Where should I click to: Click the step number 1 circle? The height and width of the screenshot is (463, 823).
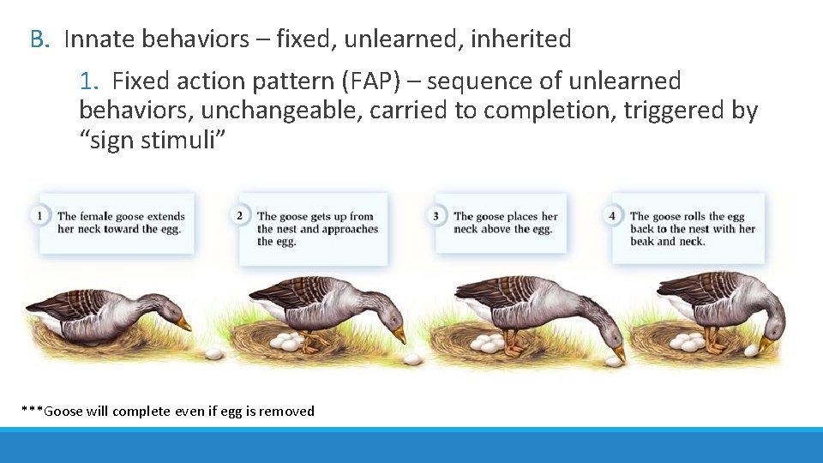pyautogui.click(x=39, y=215)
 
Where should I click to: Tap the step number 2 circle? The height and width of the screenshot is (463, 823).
pyautogui.click(x=239, y=215)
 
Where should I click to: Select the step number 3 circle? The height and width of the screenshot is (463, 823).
pyautogui.click(x=436, y=215)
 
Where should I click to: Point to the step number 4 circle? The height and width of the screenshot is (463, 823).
pyautogui.click(x=612, y=215)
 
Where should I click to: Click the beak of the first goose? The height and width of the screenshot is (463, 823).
pyautogui.click(x=183, y=323)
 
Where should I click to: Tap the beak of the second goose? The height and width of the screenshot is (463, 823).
pyautogui.click(x=399, y=332)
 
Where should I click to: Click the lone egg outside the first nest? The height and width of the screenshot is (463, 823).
pyautogui.click(x=213, y=352)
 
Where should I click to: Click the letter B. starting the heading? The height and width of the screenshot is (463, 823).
pyautogui.click(x=41, y=39)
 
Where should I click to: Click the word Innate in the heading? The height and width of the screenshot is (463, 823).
pyautogui.click(x=99, y=39)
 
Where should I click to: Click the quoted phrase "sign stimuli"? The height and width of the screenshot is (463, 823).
pyautogui.click(x=153, y=140)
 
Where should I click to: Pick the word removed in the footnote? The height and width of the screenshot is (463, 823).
pyautogui.click(x=287, y=412)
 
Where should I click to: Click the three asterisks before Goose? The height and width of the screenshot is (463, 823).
pyautogui.click(x=32, y=411)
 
